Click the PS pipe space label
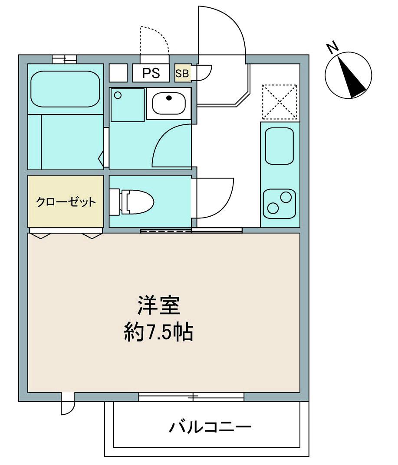[x=151, y=73]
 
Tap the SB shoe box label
[x=182, y=73]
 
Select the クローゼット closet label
[x=66, y=202]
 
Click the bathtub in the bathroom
[x=65, y=88]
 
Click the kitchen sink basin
[x=280, y=146]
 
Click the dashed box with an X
[x=280, y=102]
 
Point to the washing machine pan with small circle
[x=127, y=105]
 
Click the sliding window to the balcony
[x=191, y=396]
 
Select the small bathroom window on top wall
[x=64, y=59]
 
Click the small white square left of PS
[x=118, y=72]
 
